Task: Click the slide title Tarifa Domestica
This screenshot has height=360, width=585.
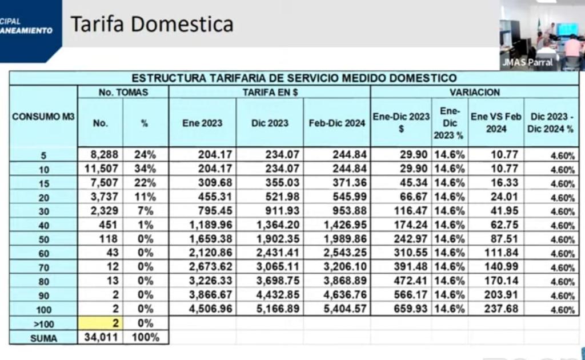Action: click(x=151, y=24)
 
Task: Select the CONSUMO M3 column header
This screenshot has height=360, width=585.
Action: click(x=43, y=117)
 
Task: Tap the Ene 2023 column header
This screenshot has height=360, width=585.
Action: click(x=202, y=123)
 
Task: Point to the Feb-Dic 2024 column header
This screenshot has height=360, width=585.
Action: click(x=336, y=123)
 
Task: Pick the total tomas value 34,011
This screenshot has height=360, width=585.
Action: click(x=101, y=338)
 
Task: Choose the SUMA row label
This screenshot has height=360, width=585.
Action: click(x=43, y=338)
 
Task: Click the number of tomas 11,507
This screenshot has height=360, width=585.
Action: click(x=101, y=169)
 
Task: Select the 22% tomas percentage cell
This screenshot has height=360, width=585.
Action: click(x=145, y=183)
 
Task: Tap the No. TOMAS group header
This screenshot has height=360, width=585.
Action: click(x=123, y=92)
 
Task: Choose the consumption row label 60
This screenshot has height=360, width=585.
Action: click(x=43, y=254)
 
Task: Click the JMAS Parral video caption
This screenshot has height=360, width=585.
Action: click(x=527, y=62)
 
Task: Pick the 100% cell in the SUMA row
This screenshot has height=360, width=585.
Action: click(x=145, y=338)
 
